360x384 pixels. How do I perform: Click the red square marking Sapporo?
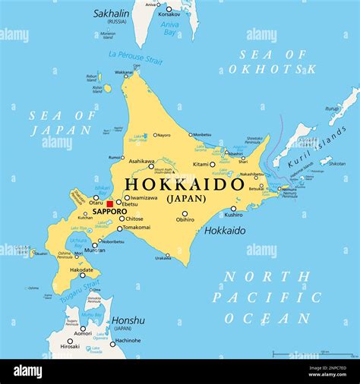(x=109, y=204)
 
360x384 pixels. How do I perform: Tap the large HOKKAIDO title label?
(x=185, y=184)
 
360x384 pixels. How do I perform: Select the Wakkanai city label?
(x=123, y=73)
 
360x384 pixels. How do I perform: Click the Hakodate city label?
(x=81, y=269)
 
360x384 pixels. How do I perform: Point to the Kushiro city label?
(x=233, y=216)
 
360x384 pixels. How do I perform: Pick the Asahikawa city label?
(x=141, y=161)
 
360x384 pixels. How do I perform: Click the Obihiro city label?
(x=185, y=219)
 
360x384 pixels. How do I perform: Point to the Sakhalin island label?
(x=111, y=13)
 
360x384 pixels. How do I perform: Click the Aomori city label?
(x=83, y=333)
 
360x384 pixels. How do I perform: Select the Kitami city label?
(x=201, y=164)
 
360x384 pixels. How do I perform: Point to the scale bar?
(x=302, y=353)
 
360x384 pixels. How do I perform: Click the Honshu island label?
(x=128, y=320)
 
